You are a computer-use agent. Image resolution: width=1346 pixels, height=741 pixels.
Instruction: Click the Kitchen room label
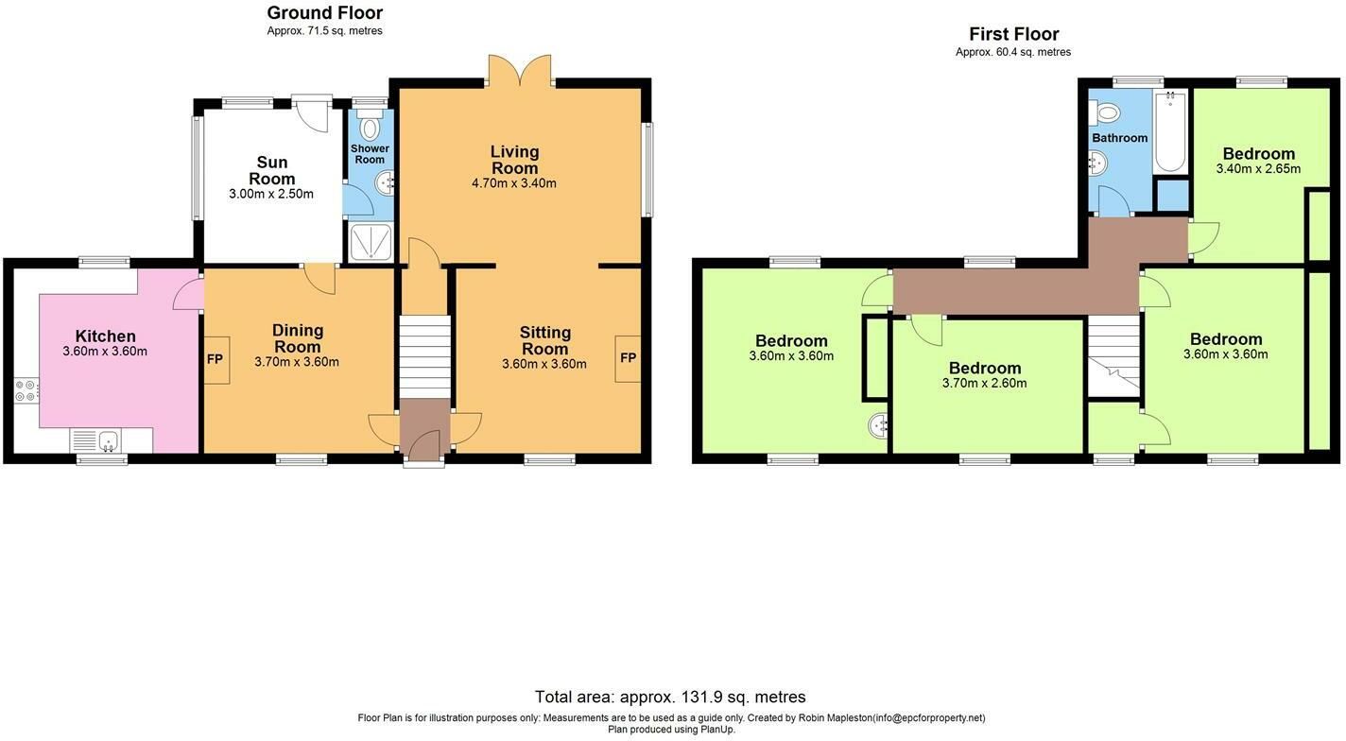click(105, 336)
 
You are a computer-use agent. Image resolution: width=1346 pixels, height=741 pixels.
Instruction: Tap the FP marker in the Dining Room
click(215, 359)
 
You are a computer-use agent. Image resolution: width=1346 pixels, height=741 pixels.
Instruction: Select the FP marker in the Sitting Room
click(628, 358)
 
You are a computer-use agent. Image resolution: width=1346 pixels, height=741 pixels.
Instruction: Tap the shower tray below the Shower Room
click(371, 242)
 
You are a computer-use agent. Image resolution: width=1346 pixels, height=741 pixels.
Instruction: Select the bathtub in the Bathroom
click(1170, 131)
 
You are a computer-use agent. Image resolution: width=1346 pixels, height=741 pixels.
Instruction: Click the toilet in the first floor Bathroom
click(1104, 112)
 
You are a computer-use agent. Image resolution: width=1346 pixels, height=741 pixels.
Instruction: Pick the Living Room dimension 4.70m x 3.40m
click(514, 183)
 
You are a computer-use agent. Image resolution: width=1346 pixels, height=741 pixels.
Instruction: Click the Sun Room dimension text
click(271, 194)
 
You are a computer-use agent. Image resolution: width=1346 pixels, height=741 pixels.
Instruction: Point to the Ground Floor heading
click(324, 12)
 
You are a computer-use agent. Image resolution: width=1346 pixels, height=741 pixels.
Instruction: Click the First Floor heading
click(1013, 34)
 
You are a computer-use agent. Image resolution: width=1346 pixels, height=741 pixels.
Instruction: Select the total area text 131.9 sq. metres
click(743, 698)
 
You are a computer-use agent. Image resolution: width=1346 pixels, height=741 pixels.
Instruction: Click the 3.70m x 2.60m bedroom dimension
click(984, 383)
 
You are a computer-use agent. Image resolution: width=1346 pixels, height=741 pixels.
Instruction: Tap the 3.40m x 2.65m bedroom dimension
click(1258, 169)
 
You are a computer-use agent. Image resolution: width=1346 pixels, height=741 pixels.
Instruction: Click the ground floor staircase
click(424, 357)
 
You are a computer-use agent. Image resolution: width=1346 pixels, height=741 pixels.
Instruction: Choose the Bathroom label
click(1119, 138)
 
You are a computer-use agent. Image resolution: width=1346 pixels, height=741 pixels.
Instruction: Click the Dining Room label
click(298, 338)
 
